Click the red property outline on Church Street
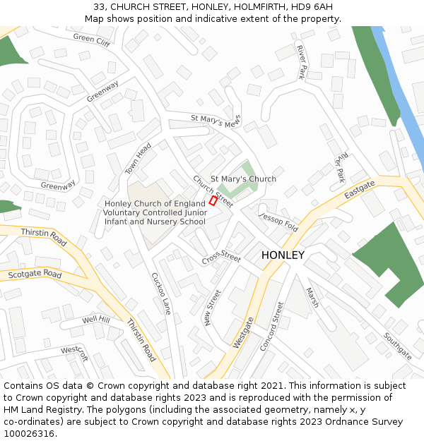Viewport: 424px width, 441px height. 213,201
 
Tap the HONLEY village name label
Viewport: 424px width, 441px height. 283,255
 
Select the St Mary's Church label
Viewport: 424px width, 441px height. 243,179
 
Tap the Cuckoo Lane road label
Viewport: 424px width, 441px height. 162,294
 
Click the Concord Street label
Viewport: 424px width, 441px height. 272,326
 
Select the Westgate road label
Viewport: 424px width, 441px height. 243,332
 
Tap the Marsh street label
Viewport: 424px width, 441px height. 312,297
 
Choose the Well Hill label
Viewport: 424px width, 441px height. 95,320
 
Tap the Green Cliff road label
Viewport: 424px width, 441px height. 92,40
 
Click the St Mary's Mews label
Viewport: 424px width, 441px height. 216,121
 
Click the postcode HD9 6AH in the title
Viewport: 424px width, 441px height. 309,6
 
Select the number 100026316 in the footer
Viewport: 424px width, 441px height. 28,433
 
